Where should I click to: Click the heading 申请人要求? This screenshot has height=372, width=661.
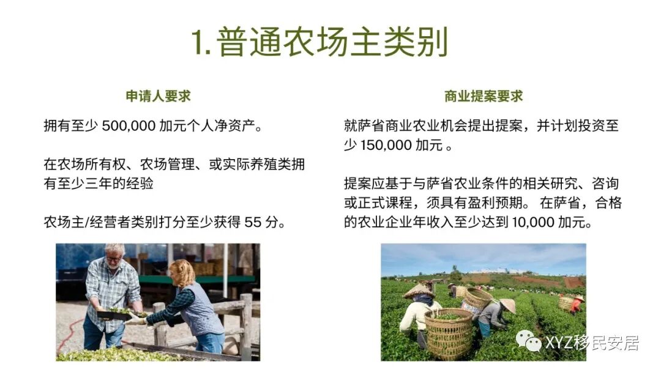click(158, 96)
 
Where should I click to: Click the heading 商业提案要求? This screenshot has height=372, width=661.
click(484, 96)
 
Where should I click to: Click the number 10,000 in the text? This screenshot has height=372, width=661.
click(529, 222)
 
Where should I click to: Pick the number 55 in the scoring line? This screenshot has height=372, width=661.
click(253, 222)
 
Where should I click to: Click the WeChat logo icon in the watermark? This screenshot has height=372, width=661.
click(528, 340)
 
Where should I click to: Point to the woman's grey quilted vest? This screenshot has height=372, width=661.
click(201, 309)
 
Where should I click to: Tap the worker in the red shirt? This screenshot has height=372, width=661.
click(576, 304)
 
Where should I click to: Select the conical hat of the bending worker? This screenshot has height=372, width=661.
click(507, 305)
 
